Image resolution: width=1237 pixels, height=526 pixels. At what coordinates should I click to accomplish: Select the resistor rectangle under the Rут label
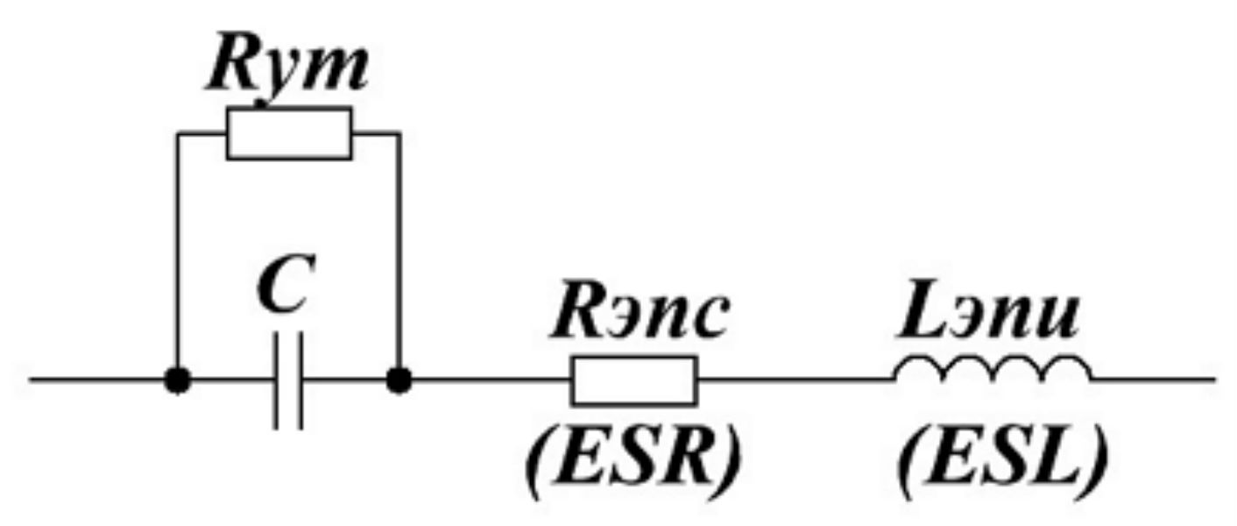point(289,133)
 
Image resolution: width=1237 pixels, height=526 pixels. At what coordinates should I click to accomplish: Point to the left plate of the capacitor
point(276,380)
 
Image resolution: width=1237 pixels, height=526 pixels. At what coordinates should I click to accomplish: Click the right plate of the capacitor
point(300,380)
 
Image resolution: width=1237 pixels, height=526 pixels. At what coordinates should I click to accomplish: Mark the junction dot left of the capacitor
point(178,380)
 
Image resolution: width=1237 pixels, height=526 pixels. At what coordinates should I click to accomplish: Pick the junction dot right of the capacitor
point(399,380)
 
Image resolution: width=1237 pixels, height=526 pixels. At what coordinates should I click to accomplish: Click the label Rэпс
point(638,317)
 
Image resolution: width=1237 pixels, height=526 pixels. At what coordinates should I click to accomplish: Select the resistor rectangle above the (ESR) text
point(634,380)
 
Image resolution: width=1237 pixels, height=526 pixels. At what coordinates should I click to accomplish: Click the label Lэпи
point(986,317)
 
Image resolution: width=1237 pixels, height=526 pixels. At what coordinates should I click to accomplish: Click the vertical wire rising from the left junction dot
point(178,254)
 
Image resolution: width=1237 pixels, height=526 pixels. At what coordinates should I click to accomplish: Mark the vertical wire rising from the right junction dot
point(399,254)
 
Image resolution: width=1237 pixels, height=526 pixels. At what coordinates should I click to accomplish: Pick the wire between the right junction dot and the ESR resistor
point(486,380)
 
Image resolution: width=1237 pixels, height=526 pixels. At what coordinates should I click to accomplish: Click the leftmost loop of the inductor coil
point(919,369)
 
